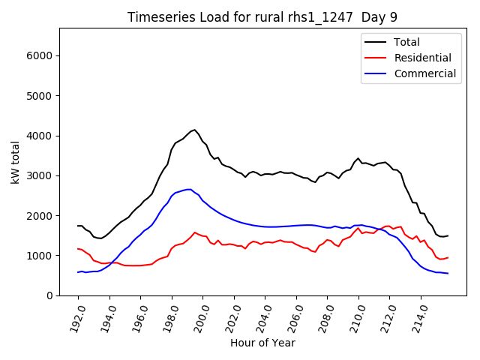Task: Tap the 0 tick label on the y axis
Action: [49, 295]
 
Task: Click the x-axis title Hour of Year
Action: [262, 343]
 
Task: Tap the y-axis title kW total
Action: [15, 161]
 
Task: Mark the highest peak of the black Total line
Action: [194, 130]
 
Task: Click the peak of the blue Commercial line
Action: [190, 189]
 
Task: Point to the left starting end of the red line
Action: [78, 248]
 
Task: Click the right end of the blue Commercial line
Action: [448, 273]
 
